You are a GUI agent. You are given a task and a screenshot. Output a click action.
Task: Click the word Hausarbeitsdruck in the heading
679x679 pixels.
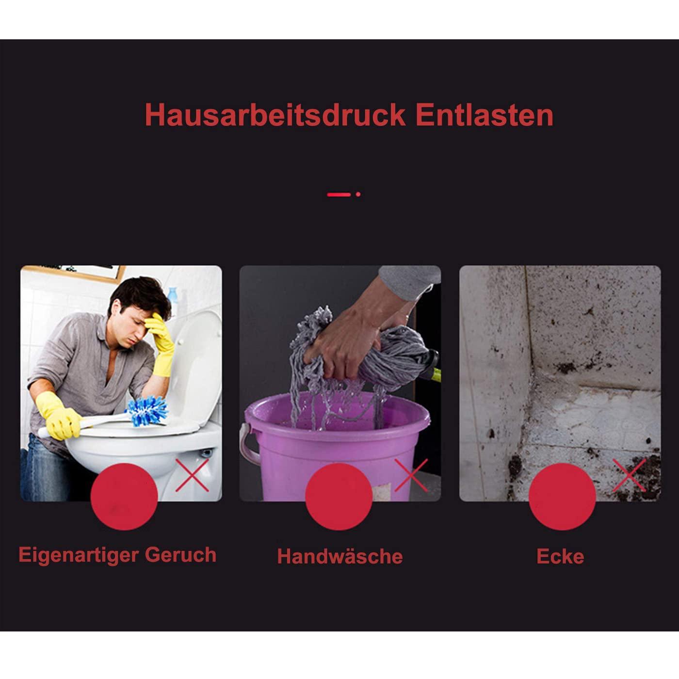(275, 115)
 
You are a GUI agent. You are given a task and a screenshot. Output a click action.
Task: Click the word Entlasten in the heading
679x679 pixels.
(485, 115)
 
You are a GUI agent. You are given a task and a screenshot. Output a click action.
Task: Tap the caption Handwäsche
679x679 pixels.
(339, 556)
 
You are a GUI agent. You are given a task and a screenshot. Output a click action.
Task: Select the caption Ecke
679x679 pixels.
(560, 556)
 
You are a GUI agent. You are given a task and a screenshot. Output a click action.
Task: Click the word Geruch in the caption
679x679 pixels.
(180, 555)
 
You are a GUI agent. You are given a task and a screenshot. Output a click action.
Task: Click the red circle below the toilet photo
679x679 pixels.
(124, 497)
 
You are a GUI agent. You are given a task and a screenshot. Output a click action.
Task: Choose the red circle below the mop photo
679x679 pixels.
(339, 497)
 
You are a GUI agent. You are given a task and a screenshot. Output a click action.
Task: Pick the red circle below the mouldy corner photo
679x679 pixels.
(563, 497)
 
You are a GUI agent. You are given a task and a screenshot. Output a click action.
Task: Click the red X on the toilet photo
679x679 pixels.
(192, 475)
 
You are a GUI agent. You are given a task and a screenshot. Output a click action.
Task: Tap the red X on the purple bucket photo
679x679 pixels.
(411, 475)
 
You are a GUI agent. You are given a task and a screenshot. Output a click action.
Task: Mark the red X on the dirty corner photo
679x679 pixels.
(630, 475)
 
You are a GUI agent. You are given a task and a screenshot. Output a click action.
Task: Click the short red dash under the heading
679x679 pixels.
(339, 194)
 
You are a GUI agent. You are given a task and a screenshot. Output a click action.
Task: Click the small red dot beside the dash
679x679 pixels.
(358, 194)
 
